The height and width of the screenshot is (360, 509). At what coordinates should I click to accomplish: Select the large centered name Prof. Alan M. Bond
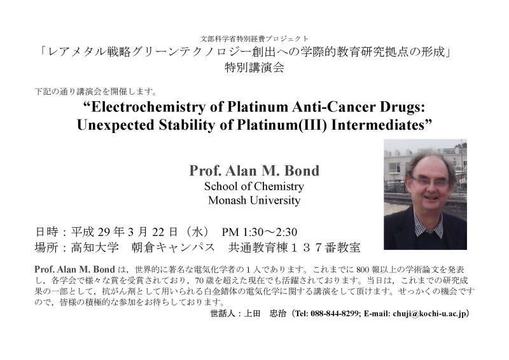pyautogui.click(x=253, y=171)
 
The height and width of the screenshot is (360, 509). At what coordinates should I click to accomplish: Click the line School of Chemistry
pyautogui.click(x=253, y=187)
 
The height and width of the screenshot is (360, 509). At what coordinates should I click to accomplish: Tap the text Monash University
pyautogui.click(x=253, y=200)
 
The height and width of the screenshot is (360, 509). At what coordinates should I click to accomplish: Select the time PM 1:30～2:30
pyautogui.click(x=260, y=230)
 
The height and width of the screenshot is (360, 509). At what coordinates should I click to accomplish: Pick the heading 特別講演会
pyautogui.click(x=254, y=67)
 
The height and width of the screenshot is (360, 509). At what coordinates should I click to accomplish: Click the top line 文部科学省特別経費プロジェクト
pyautogui.click(x=254, y=38)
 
